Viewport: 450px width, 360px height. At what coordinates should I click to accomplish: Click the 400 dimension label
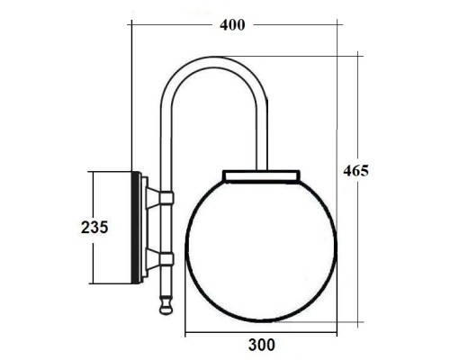232,24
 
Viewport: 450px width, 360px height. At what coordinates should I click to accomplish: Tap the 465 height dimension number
355,170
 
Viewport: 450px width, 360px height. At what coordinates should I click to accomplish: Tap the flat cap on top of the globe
260,174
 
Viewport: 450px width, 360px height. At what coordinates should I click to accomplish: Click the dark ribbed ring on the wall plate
142,227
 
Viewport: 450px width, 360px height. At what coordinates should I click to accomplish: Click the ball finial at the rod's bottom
165,306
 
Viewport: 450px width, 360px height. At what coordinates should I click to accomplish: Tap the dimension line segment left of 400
171,25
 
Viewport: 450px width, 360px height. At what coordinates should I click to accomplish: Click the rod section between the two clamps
165,229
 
